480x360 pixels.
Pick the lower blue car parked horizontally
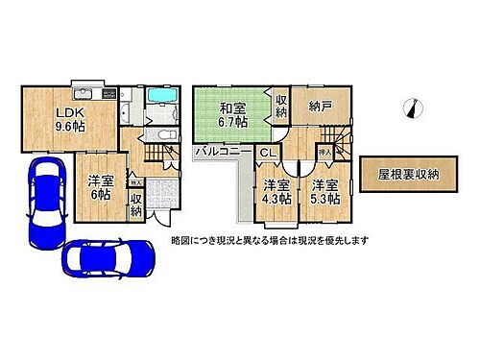point(108,257)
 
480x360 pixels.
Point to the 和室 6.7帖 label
point(232,115)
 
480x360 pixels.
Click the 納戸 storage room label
point(312,108)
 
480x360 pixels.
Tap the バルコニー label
point(224,153)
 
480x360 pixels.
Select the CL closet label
point(266,153)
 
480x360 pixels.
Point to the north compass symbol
point(413,108)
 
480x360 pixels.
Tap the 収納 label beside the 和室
point(280,107)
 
